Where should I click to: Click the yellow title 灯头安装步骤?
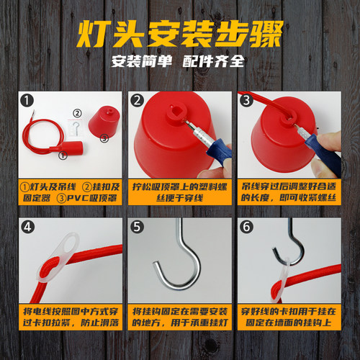(x=180, y=34)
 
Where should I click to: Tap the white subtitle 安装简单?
(x=142, y=61)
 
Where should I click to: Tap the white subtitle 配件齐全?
(x=213, y=61)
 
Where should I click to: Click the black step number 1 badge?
(x=27, y=100)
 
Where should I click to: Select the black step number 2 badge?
(x=137, y=100)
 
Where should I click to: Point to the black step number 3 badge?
(x=246, y=100)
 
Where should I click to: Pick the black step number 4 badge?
(x=27, y=227)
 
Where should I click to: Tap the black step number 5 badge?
(x=137, y=227)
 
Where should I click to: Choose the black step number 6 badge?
(x=246, y=227)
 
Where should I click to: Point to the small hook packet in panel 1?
(x=76, y=127)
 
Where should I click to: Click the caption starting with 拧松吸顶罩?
(x=180, y=192)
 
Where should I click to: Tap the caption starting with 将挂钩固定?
(x=180, y=318)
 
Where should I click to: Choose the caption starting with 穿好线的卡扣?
(x=289, y=318)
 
